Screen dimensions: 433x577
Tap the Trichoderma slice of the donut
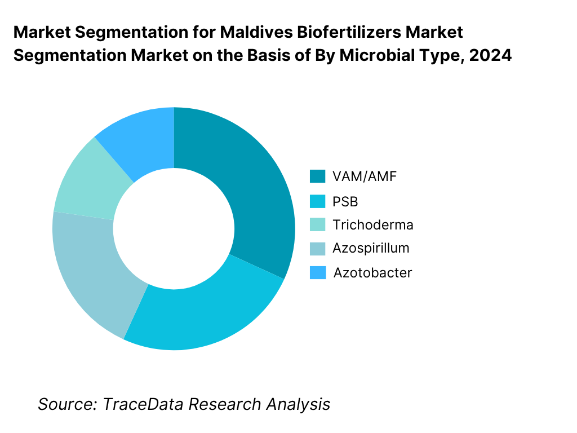pos(85,180)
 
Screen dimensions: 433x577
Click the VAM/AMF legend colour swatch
pos(318,176)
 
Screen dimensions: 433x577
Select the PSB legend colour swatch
pos(318,201)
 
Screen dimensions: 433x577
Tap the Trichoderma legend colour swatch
pos(318,224)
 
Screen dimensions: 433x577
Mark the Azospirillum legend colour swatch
pos(318,248)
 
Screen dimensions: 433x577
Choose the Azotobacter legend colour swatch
pos(318,273)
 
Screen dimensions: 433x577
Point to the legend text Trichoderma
pos(372,224)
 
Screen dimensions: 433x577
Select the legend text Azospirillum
pos(371,248)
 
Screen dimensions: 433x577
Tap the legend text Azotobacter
pos(372,273)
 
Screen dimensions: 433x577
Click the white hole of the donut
pos(174,228)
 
